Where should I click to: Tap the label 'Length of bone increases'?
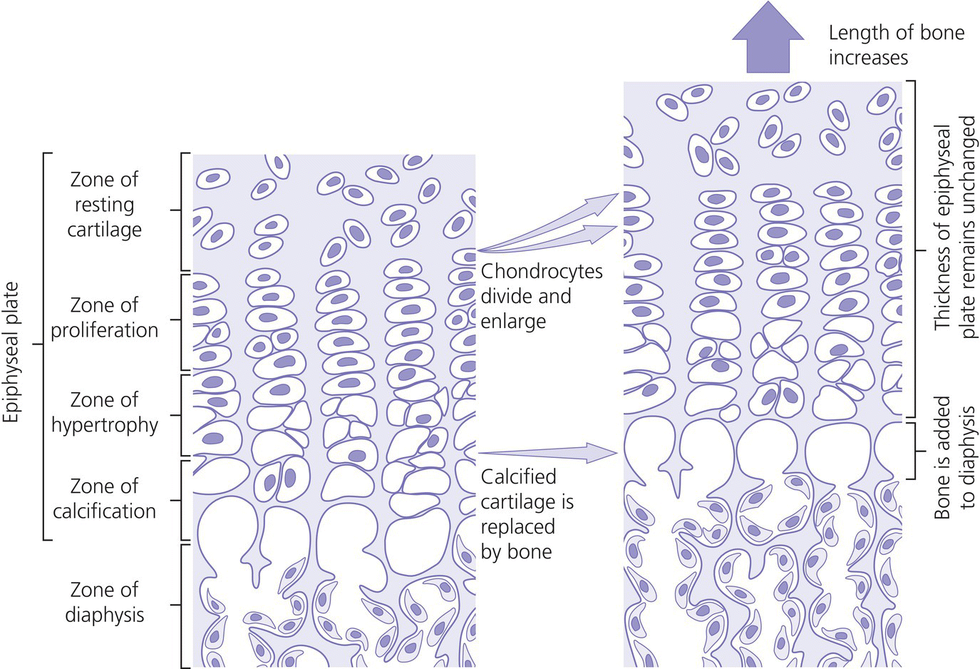pos(896,44)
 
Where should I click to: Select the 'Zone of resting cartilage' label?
pos(104,205)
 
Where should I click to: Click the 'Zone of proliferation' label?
pos(104,317)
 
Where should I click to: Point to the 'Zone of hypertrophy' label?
pos(104,412)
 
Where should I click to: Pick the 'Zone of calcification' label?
pos(104,499)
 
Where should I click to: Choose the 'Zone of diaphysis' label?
pos(104,602)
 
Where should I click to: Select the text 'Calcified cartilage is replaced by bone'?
pos(527,514)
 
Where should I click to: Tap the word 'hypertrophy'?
pos(104,426)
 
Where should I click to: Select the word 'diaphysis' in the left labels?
pos(104,615)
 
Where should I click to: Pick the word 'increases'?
pos(868,57)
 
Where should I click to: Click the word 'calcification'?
pos(104,511)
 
